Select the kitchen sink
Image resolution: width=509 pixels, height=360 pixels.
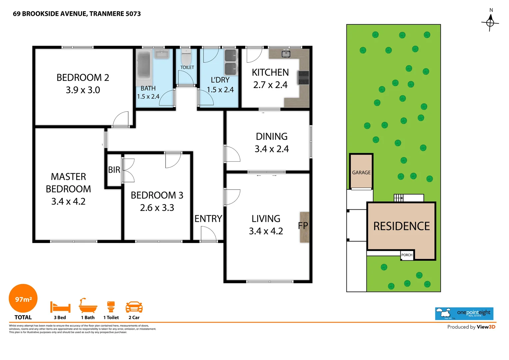286,54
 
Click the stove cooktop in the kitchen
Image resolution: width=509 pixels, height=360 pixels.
303,78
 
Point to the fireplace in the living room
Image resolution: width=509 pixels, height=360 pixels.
304,227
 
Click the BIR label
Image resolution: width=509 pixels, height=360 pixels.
114,170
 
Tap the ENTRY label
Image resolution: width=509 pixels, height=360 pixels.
208,219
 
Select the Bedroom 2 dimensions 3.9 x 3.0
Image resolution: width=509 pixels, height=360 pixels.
83,90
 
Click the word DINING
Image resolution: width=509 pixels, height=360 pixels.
271,136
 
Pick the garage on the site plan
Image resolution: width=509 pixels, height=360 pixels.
361,172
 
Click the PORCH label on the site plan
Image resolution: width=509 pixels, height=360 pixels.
407,255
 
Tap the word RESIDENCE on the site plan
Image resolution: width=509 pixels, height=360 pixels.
401,226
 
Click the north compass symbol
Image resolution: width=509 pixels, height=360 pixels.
490,22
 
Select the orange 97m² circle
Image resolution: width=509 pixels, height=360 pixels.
23,299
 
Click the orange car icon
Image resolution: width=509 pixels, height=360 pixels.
134,307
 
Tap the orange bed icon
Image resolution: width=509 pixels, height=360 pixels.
60,307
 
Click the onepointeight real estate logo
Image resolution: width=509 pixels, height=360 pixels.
464,313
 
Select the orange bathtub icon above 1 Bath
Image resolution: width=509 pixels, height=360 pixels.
88,306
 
